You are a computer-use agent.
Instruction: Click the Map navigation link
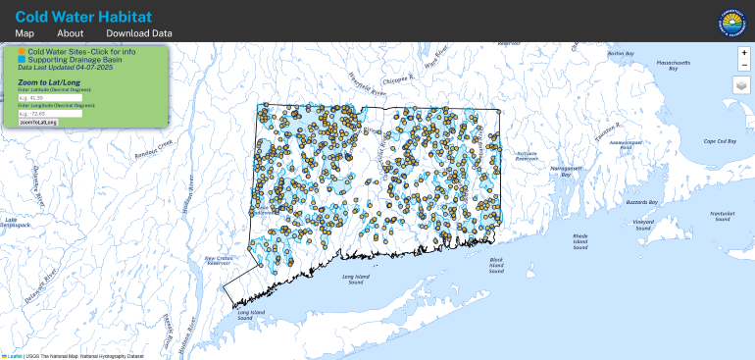pyautogui.click(x=25, y=33)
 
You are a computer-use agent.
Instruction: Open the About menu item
pyautogui.click(x=70, y=33)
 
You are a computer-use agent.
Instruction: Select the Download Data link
pyautogui.click(x=139, y=33)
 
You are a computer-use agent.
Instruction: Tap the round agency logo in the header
pyautogui.click(x=732, y=20)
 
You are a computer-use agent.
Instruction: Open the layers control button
pyautogui.click(x=743, y=85)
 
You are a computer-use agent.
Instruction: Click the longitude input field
pyautogui.click(x=49, y=114)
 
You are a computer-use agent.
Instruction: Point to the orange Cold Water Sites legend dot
pyautogui.click(x=22, y=50)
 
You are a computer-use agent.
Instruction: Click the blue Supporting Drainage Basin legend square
pyautogui.click(x=22, y=58)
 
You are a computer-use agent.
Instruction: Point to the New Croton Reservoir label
pyautogui.click(x=217, y=260)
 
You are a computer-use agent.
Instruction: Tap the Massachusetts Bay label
pyautogui.click(x=667, y=66)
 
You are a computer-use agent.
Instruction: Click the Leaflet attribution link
pyautogui.click(x=16, y=355)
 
